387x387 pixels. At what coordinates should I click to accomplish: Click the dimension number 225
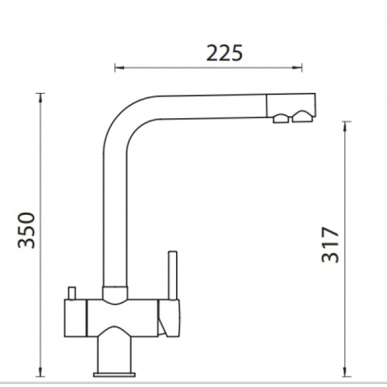pyautogui.click(x=224, y=53)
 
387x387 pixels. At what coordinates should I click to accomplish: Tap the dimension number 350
pyautogui.click(x=26, y=230)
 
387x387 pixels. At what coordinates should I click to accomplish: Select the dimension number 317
pyautogui.click(x=330, y=244)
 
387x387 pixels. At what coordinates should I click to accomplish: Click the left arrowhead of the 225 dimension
pyautogui.click(x=119, y=67)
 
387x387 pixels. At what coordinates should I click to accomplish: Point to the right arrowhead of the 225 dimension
pyautogui.click(x=297, y=67)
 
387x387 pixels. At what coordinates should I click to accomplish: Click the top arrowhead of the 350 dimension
pyautogui.click(x=41, y=97)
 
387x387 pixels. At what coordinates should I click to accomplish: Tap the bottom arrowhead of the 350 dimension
pyautogui.click(x=41, y=372)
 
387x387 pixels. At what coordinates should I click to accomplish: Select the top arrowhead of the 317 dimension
pyautogui.click(x=346, y=126)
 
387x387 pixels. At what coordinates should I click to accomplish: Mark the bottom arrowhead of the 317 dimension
pyautogui.click(x=346, y=372)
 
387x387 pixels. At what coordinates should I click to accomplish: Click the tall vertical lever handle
pyautogui.click(x=173, y=275)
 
